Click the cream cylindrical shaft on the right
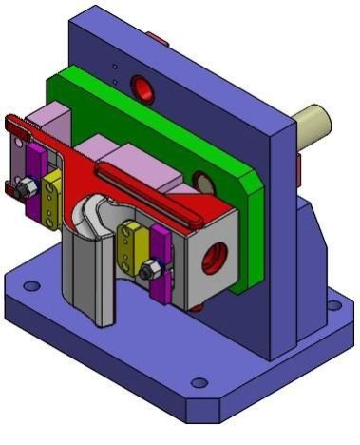pos(313,125)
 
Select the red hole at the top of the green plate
pos(142,89)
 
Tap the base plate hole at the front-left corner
pos(31,286)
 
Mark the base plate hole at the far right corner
pos(332,306)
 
